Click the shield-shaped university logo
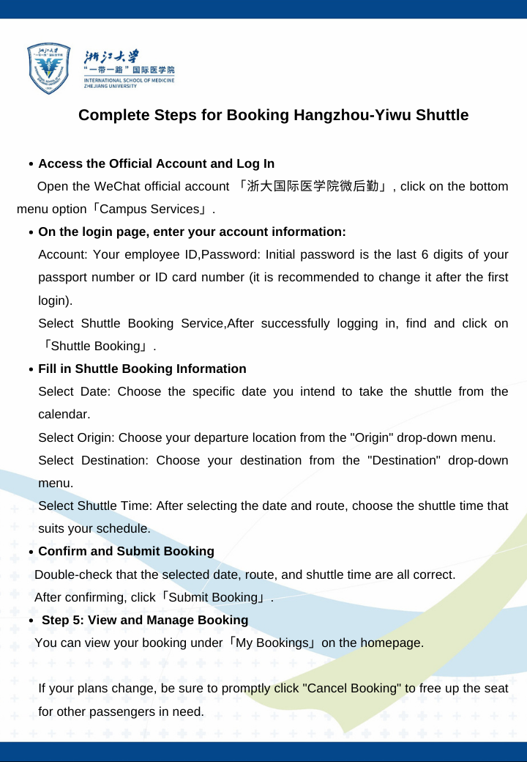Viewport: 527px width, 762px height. pyautogui.click(x=51, y=68)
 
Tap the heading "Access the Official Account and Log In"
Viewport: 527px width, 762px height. pyautogui.click(x=156, y=163)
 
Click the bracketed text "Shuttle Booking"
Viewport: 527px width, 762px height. pyautogui.click(x=95, y=347)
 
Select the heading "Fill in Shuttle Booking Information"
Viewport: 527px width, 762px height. pyautogui.click(x=142, y=369)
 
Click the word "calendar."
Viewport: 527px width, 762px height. pyautogui.click(x=64, y=415)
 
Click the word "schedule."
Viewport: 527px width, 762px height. pyautogui.click(x=124, y=529)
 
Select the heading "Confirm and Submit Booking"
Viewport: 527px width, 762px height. pyautogui.click(x=126, y=551)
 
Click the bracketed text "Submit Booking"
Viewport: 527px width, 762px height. pyautogui.click(x=216, y=598)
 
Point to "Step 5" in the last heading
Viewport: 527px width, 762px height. pyautogui.click(x=61, y=621)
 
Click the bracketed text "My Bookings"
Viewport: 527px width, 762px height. pyautogui.click(x=274, y=643)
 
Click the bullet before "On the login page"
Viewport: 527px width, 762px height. pyautogui.click(x=30, y=233)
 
